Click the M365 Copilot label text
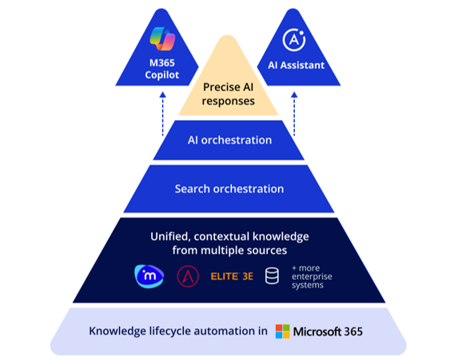(162, 70)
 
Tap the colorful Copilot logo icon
(162, 40)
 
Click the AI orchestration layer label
(229, 140)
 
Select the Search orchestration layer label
(229, 189)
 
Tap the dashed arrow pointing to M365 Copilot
(162, 108)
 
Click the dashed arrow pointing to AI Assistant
(294, 108)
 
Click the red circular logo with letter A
(187, 277)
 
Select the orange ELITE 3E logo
(231, 277)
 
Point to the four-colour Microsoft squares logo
(282, 331)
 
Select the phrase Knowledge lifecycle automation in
(177, 331)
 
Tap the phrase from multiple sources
(229, 251)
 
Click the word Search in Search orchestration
(193, 189)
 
